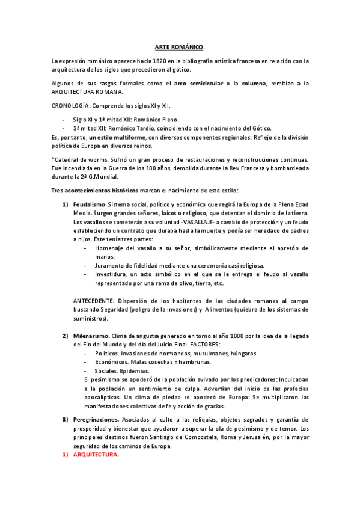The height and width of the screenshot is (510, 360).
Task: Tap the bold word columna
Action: pyautogui.click(x=254, y=83)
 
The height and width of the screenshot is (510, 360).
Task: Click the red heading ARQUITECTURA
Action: pyautogui.click(x=96, y=455)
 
